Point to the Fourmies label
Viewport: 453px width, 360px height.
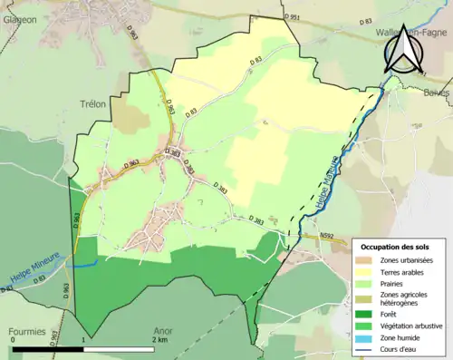27,332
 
